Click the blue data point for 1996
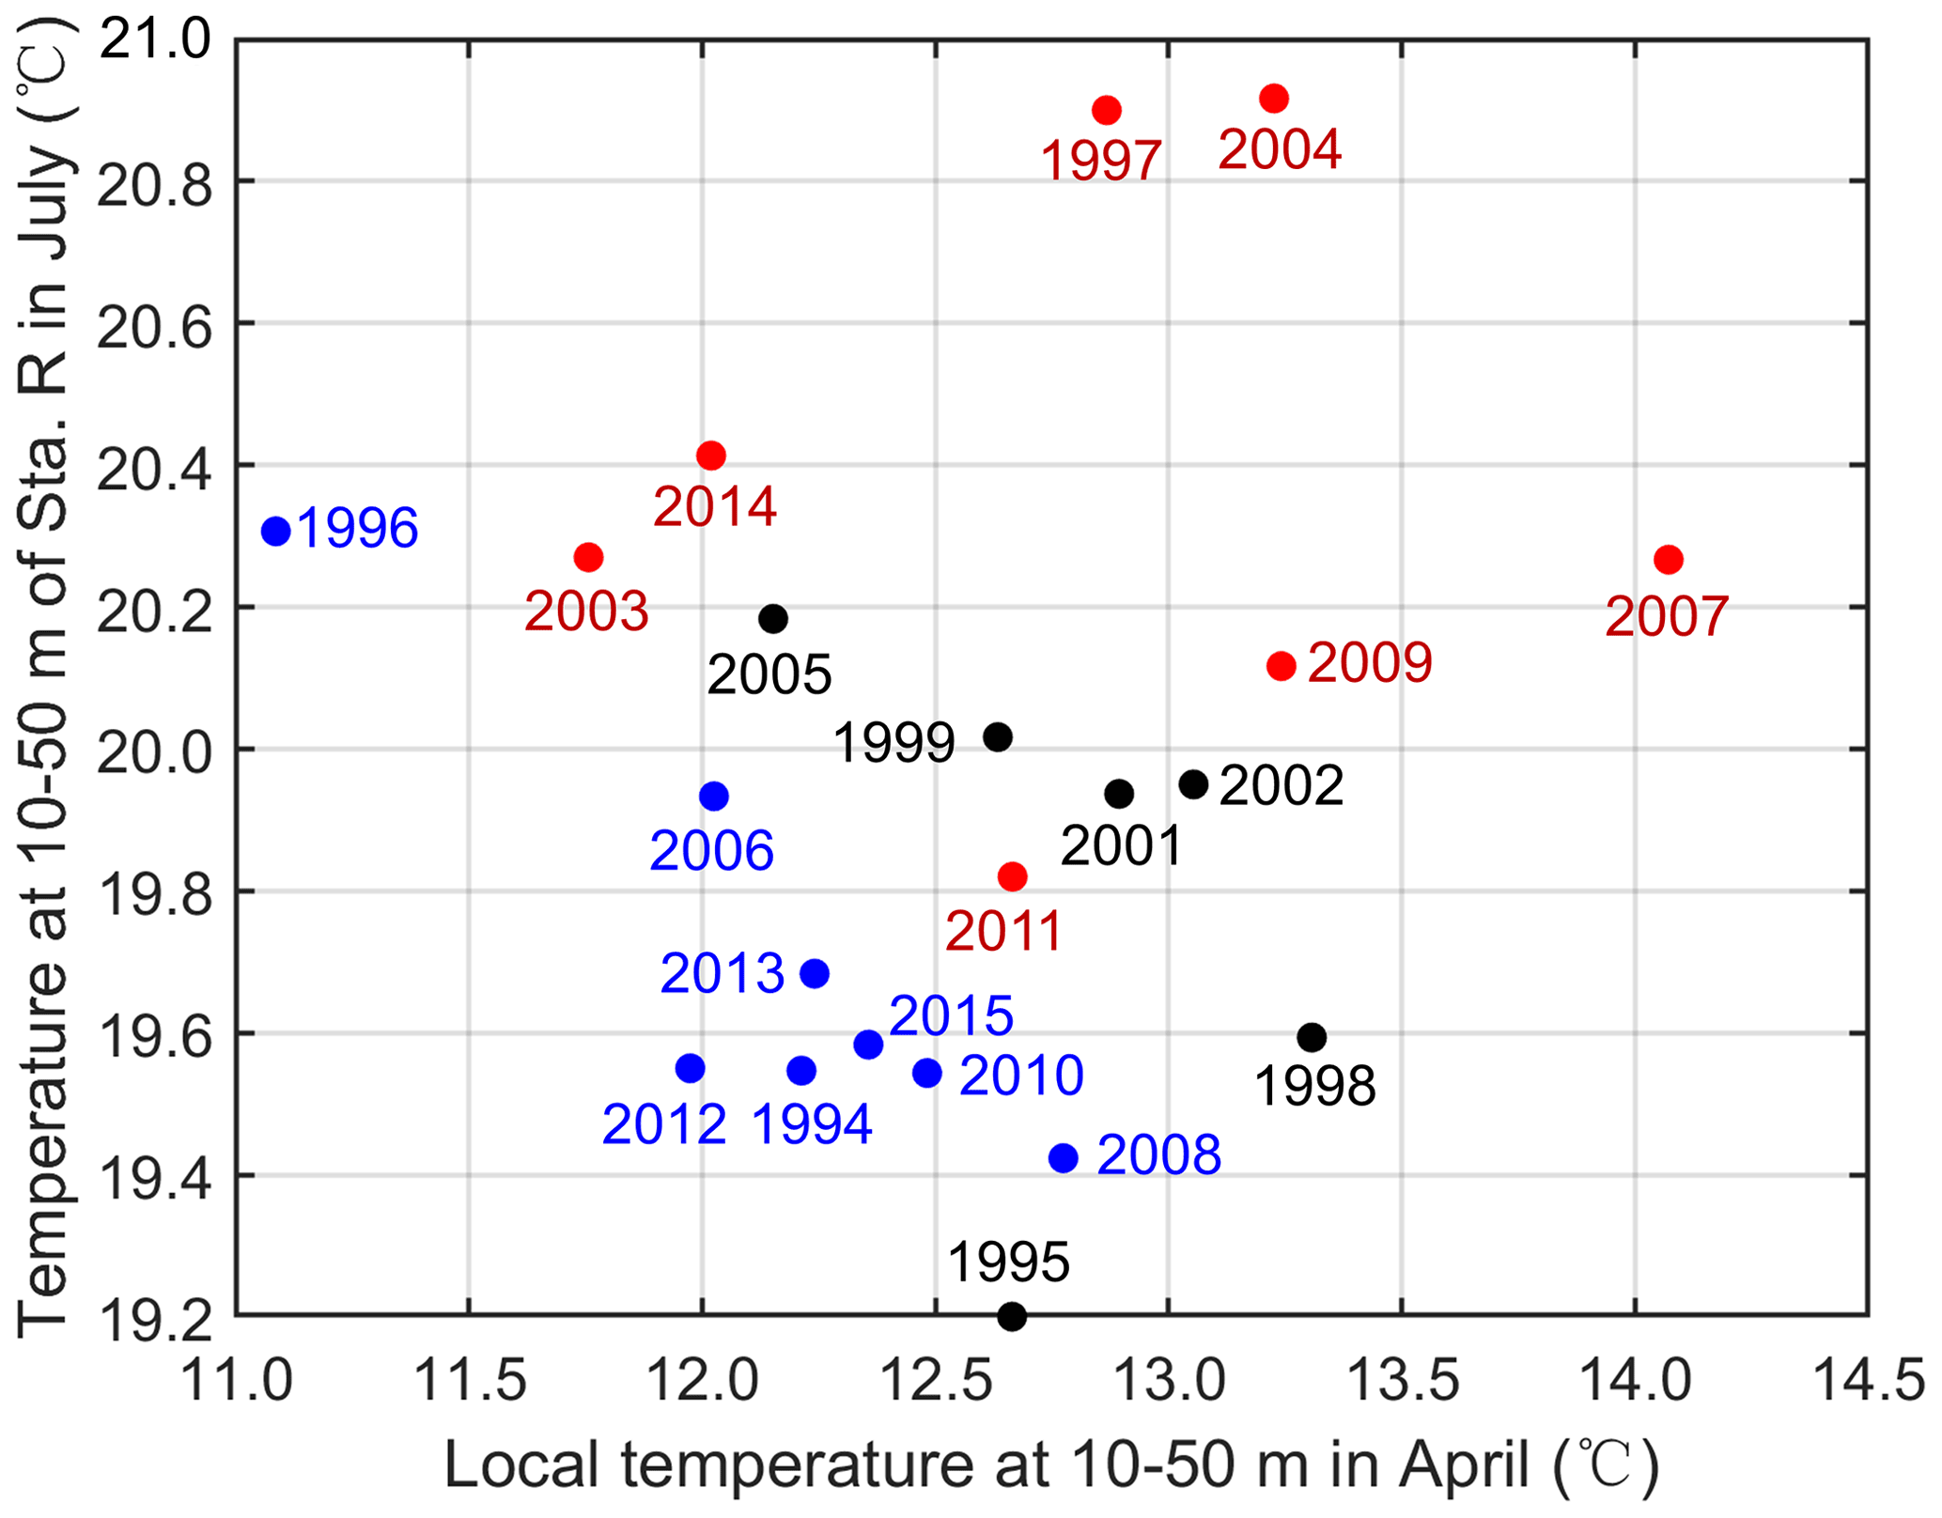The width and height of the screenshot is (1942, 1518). point(275,531)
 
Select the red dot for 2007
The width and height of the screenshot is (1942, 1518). point(1668,560)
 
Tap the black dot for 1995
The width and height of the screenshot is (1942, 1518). point(1011,1316)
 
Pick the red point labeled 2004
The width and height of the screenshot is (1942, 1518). point(1273,99)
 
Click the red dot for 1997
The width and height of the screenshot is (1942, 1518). point(1107,111)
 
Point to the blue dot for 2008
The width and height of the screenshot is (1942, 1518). point(1063,1158)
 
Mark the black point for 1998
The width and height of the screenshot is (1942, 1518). point(1312,1038)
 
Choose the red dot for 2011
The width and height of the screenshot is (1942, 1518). point(1012,876)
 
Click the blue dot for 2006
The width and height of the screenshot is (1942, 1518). point(714,797)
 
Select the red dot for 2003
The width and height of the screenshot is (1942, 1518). point(588,558)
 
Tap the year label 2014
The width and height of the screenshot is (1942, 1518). point(715,507)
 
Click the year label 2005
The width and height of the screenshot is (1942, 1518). point(769,674)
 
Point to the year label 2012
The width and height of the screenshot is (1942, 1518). point(664,1123)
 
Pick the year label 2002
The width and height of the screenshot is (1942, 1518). point(1281,785)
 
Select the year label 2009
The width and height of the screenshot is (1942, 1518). point(1369,663)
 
